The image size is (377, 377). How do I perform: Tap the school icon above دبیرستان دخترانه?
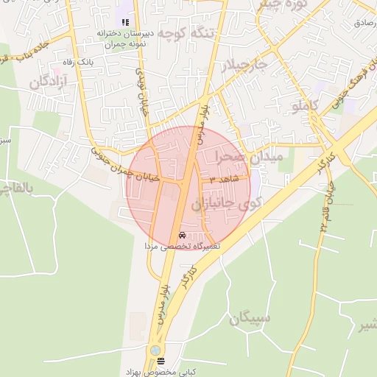[x=125, y=23]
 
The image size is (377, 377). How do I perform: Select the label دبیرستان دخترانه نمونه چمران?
[x=124, y=39]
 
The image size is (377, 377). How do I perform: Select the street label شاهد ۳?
[x=223, y=180]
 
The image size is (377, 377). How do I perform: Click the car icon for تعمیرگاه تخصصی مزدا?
[x=182, y=236]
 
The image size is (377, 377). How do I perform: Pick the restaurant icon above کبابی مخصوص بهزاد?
[x=161, y=361]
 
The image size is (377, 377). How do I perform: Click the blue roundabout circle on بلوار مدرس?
[x=154, y=351]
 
